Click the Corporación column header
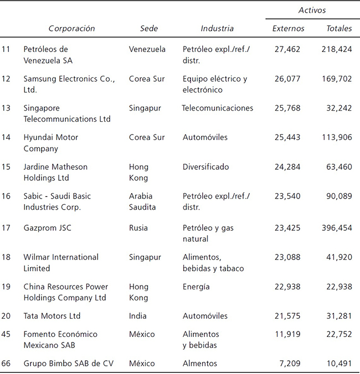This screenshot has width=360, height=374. click(x=71, y=28)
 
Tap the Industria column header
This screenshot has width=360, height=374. click(x=217, y=28)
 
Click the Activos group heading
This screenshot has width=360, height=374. click(x=312, y=10)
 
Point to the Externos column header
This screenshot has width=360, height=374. click(x=288, y=28)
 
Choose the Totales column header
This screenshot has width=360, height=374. click(x=339, y=28)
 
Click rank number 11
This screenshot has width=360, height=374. click(x=6, y=49)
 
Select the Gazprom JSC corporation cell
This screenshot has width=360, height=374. click(x=47, y=227)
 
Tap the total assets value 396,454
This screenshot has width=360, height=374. click(x=337, y=227)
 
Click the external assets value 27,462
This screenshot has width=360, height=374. click(x=287, y=49)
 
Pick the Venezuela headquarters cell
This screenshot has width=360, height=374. click(x=147, y=49)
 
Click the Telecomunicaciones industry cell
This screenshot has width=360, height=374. click(x=217, y=108)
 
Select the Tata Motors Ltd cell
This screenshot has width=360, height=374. click(x=52, y=316)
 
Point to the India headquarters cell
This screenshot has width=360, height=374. click(x=138, y=316)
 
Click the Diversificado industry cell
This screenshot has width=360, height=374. click(x=205, y=167)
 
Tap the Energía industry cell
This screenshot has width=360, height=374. click(x=196, y=287)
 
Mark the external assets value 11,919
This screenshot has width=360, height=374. click(x=287, y=334)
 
